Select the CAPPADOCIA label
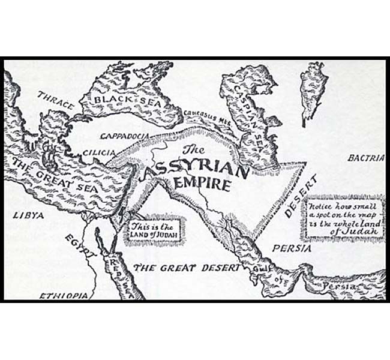(x=124, y=136)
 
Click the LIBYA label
(x=22, y=214)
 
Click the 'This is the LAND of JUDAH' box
(x=154, y=230)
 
